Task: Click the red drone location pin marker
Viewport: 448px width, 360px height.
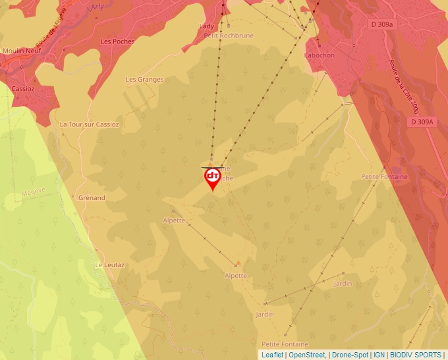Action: click(212, 178)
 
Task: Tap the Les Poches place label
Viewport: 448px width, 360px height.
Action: click(117, 41)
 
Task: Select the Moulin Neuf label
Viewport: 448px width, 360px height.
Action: click(22, 51)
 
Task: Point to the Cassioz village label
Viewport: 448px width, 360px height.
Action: click(23, 88)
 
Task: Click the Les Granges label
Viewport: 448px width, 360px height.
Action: click(144, 80)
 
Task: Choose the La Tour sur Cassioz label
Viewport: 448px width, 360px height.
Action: click(89, 124)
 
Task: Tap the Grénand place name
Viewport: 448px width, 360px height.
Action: click(92, 197)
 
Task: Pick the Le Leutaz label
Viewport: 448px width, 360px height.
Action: click(109, 265)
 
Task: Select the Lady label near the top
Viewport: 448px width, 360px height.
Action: click(206, 26)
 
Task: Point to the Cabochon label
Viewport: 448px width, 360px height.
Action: click(320, 55)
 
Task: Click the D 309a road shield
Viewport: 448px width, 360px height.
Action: click(381, 24)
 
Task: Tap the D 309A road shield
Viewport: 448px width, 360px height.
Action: click(422, 122)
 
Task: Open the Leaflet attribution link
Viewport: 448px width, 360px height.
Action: click(272, 355)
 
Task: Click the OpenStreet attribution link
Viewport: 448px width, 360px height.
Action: click(306, 355)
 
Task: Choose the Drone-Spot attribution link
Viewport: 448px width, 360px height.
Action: click(350, 355)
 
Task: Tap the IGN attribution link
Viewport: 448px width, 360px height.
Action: click(379, 355)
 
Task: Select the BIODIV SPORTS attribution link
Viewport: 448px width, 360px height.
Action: click(415, 355)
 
